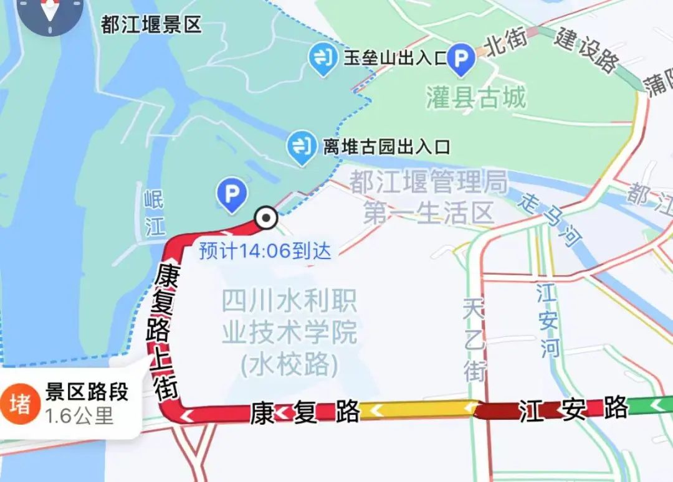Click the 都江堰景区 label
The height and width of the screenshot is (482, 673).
[151, 25]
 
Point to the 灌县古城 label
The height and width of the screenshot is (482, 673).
[476, 97]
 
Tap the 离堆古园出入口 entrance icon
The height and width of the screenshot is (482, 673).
[302, 148]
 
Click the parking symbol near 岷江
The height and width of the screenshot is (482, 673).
[231, 194]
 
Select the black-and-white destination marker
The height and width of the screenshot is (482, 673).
[267, 218]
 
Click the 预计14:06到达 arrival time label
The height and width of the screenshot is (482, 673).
[265, 251]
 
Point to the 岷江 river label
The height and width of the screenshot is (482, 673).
[154, 214]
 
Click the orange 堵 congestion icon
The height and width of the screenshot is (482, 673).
[19, 404]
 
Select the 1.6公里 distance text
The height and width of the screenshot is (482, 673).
[79, 415]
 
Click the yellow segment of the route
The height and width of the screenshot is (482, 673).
[418, 409]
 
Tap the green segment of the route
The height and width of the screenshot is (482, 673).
[651, 406]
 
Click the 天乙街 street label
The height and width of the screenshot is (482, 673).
[474, 339]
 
